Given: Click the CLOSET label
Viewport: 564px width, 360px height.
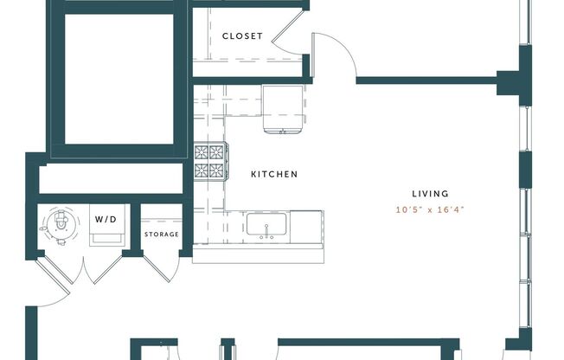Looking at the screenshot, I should [242, 36].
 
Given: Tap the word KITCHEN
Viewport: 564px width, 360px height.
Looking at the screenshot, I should [274, 174].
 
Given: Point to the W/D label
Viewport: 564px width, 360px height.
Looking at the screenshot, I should [106, 219].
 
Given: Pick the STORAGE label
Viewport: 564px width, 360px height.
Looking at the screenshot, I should [162, 235].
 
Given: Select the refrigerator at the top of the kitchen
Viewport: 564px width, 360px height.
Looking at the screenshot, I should [283, 109].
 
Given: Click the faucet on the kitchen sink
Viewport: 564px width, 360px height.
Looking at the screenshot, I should [266, 235].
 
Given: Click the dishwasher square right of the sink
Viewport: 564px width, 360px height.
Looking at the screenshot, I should [307, 227].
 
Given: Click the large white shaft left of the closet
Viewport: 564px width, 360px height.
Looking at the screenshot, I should [119, 80].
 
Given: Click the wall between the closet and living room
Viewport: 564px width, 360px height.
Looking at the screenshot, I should [424, 81].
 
